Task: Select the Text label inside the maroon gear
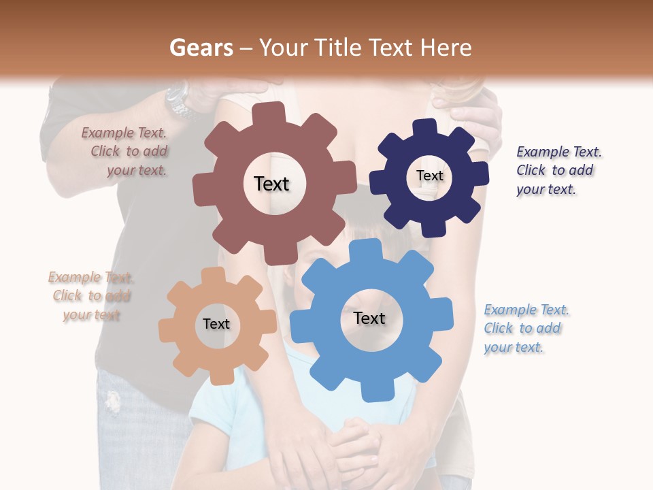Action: coord(271,184)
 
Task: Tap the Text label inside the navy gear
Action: coord(429,176)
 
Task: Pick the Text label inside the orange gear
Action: coord(216,324)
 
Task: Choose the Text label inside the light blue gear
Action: coord(369,318)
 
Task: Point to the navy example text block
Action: coord(558,171)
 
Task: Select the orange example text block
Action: coord(91,296)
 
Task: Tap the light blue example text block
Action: coord(525,329)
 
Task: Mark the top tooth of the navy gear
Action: coord(426,127)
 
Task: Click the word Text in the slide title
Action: coord(389,48)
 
